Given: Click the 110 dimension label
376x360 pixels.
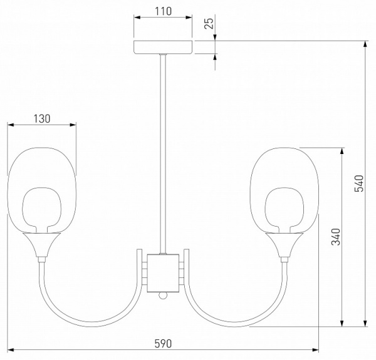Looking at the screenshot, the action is click(163, 11).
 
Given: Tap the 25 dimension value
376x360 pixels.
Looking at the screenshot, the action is click(209, 23).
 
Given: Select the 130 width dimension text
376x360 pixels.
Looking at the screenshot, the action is click(42, 119).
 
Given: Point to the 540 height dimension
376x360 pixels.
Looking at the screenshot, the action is click(359, 183).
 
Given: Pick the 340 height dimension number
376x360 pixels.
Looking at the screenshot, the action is click(336, 237).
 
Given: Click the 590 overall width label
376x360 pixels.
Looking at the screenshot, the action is click(163, 344).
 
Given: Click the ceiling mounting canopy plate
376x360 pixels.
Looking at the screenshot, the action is click(163, 47).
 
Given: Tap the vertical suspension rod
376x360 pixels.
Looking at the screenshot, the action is click(163, 154).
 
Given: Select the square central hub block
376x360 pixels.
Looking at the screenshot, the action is click(163, 273).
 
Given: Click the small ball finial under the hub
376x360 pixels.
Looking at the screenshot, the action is click(163, 296).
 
